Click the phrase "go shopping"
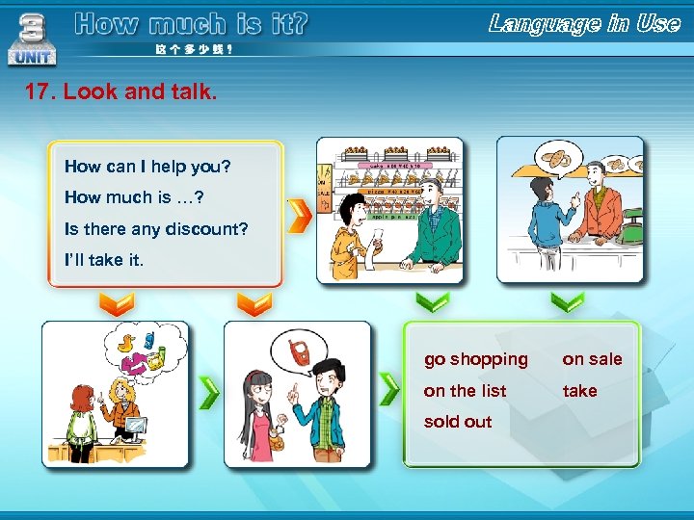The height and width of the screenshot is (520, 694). point(476,359)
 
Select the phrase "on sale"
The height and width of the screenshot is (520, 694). point(592,359)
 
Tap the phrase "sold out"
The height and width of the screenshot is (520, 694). point(458,422)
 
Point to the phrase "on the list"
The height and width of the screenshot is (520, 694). point(465,391)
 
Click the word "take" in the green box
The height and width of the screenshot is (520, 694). point(579,391)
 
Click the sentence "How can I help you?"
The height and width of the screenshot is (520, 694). point(147,167)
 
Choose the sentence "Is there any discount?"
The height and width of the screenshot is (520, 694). point(156,229)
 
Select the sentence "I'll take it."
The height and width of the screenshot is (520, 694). point(103,260)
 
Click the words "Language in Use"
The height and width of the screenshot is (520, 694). point(584,24)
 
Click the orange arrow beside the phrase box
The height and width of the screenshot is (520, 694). point(300,216)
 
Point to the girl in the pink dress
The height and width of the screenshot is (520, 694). point(260,414)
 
